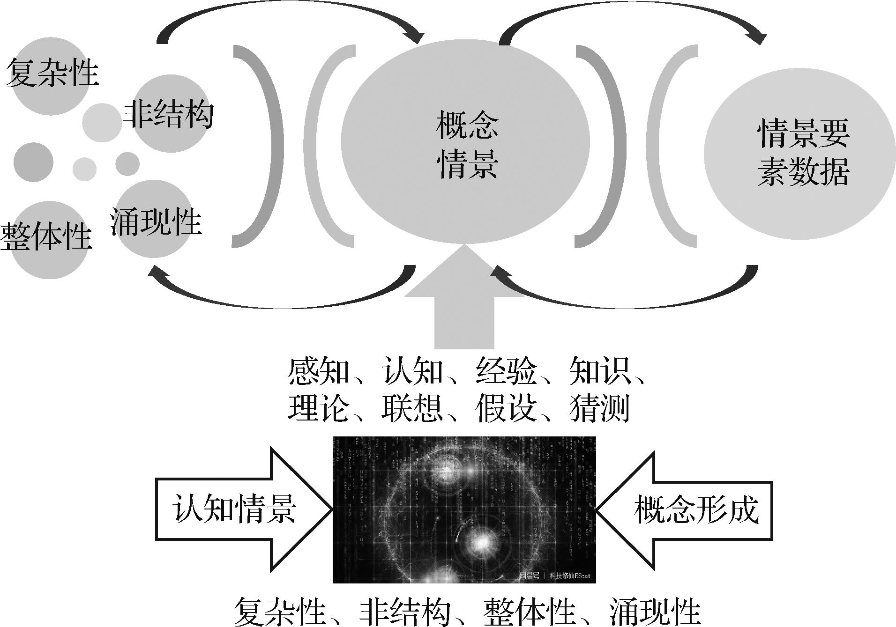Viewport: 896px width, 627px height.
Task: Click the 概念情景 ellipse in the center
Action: [465, 143]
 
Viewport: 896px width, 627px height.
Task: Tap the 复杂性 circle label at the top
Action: [52, 73]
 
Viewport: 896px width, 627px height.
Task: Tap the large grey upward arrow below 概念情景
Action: [464, 304]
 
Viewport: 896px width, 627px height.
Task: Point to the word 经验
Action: [506, 371]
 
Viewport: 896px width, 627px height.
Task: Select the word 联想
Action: [412, 408]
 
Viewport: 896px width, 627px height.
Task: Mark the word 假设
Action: [506, 408]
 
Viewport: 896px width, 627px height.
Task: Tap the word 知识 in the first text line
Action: [600, 371]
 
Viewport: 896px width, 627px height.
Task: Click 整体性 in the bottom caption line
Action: [530, 612]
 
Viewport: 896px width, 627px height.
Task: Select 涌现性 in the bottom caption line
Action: [655, 612]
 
